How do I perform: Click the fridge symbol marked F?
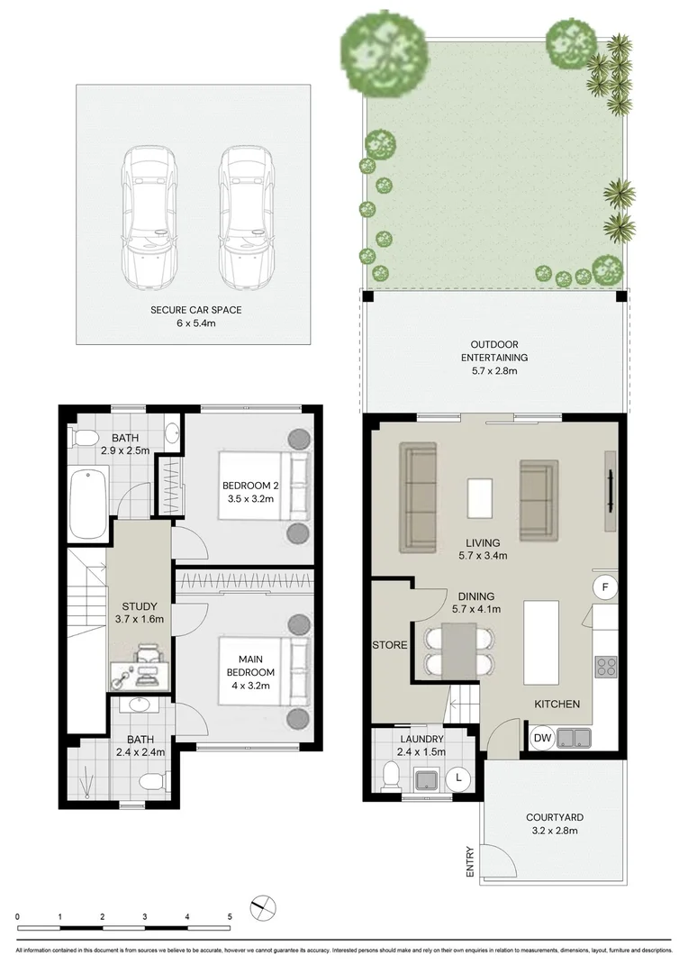point(605,588)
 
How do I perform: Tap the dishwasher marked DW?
point(542,738)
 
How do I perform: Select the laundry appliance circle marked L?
point(459,777)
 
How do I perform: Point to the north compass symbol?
point(263,906)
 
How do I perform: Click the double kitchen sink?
point(573,739)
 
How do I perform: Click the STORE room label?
point(390,645)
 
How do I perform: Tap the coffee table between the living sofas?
point(481,498)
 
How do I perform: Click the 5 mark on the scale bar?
point(230,916)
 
